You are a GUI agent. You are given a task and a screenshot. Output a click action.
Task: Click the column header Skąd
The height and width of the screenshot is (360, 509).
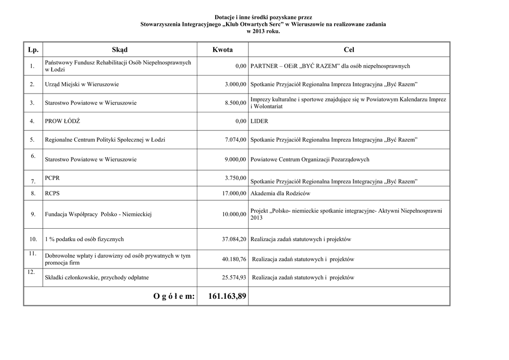tap(120, 50)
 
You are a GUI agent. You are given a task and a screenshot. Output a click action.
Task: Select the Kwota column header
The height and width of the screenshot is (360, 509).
tap(222, 50)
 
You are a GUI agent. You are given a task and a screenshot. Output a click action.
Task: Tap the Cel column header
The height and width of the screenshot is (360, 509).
tap(349, 50)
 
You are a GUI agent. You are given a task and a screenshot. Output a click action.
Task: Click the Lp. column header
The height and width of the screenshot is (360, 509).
tap(33, 50)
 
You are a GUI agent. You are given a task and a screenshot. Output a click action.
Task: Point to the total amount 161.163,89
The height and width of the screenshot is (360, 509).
tap(227, 296)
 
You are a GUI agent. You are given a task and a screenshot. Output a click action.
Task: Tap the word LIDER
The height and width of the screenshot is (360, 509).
tap(259, 121)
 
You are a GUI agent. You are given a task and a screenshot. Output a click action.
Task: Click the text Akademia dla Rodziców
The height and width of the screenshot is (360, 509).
tap(280, 193)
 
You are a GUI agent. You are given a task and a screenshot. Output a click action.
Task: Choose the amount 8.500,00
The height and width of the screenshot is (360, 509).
tap(235, 103)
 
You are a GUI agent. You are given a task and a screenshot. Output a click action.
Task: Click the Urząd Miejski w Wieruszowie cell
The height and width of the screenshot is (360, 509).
tap(82, 85)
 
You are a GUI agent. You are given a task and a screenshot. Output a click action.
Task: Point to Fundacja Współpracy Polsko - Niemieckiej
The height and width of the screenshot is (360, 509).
tap(98, 214)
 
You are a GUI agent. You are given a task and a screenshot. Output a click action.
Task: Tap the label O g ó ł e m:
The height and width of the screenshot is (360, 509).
tap(174, 296)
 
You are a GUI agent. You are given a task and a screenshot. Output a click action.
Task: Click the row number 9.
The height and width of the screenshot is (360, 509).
tap(33, 214)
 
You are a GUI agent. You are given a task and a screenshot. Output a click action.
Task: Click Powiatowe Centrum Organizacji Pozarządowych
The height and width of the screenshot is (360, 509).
tap(310, 160)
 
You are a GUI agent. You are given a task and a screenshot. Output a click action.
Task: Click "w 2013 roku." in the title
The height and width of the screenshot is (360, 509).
tap(263, 31)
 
